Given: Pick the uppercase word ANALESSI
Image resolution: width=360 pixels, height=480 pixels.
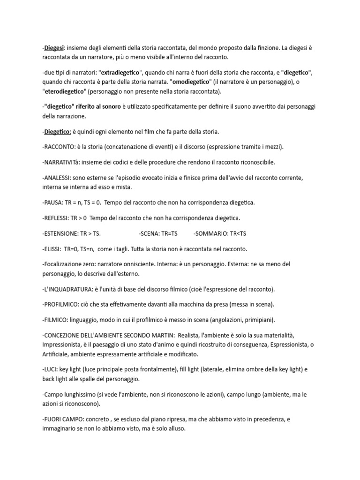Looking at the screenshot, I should [57, 178].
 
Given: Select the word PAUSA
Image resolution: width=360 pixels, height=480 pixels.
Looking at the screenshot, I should [53, 202].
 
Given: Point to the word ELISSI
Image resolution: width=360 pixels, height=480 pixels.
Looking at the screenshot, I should [52, 249].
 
